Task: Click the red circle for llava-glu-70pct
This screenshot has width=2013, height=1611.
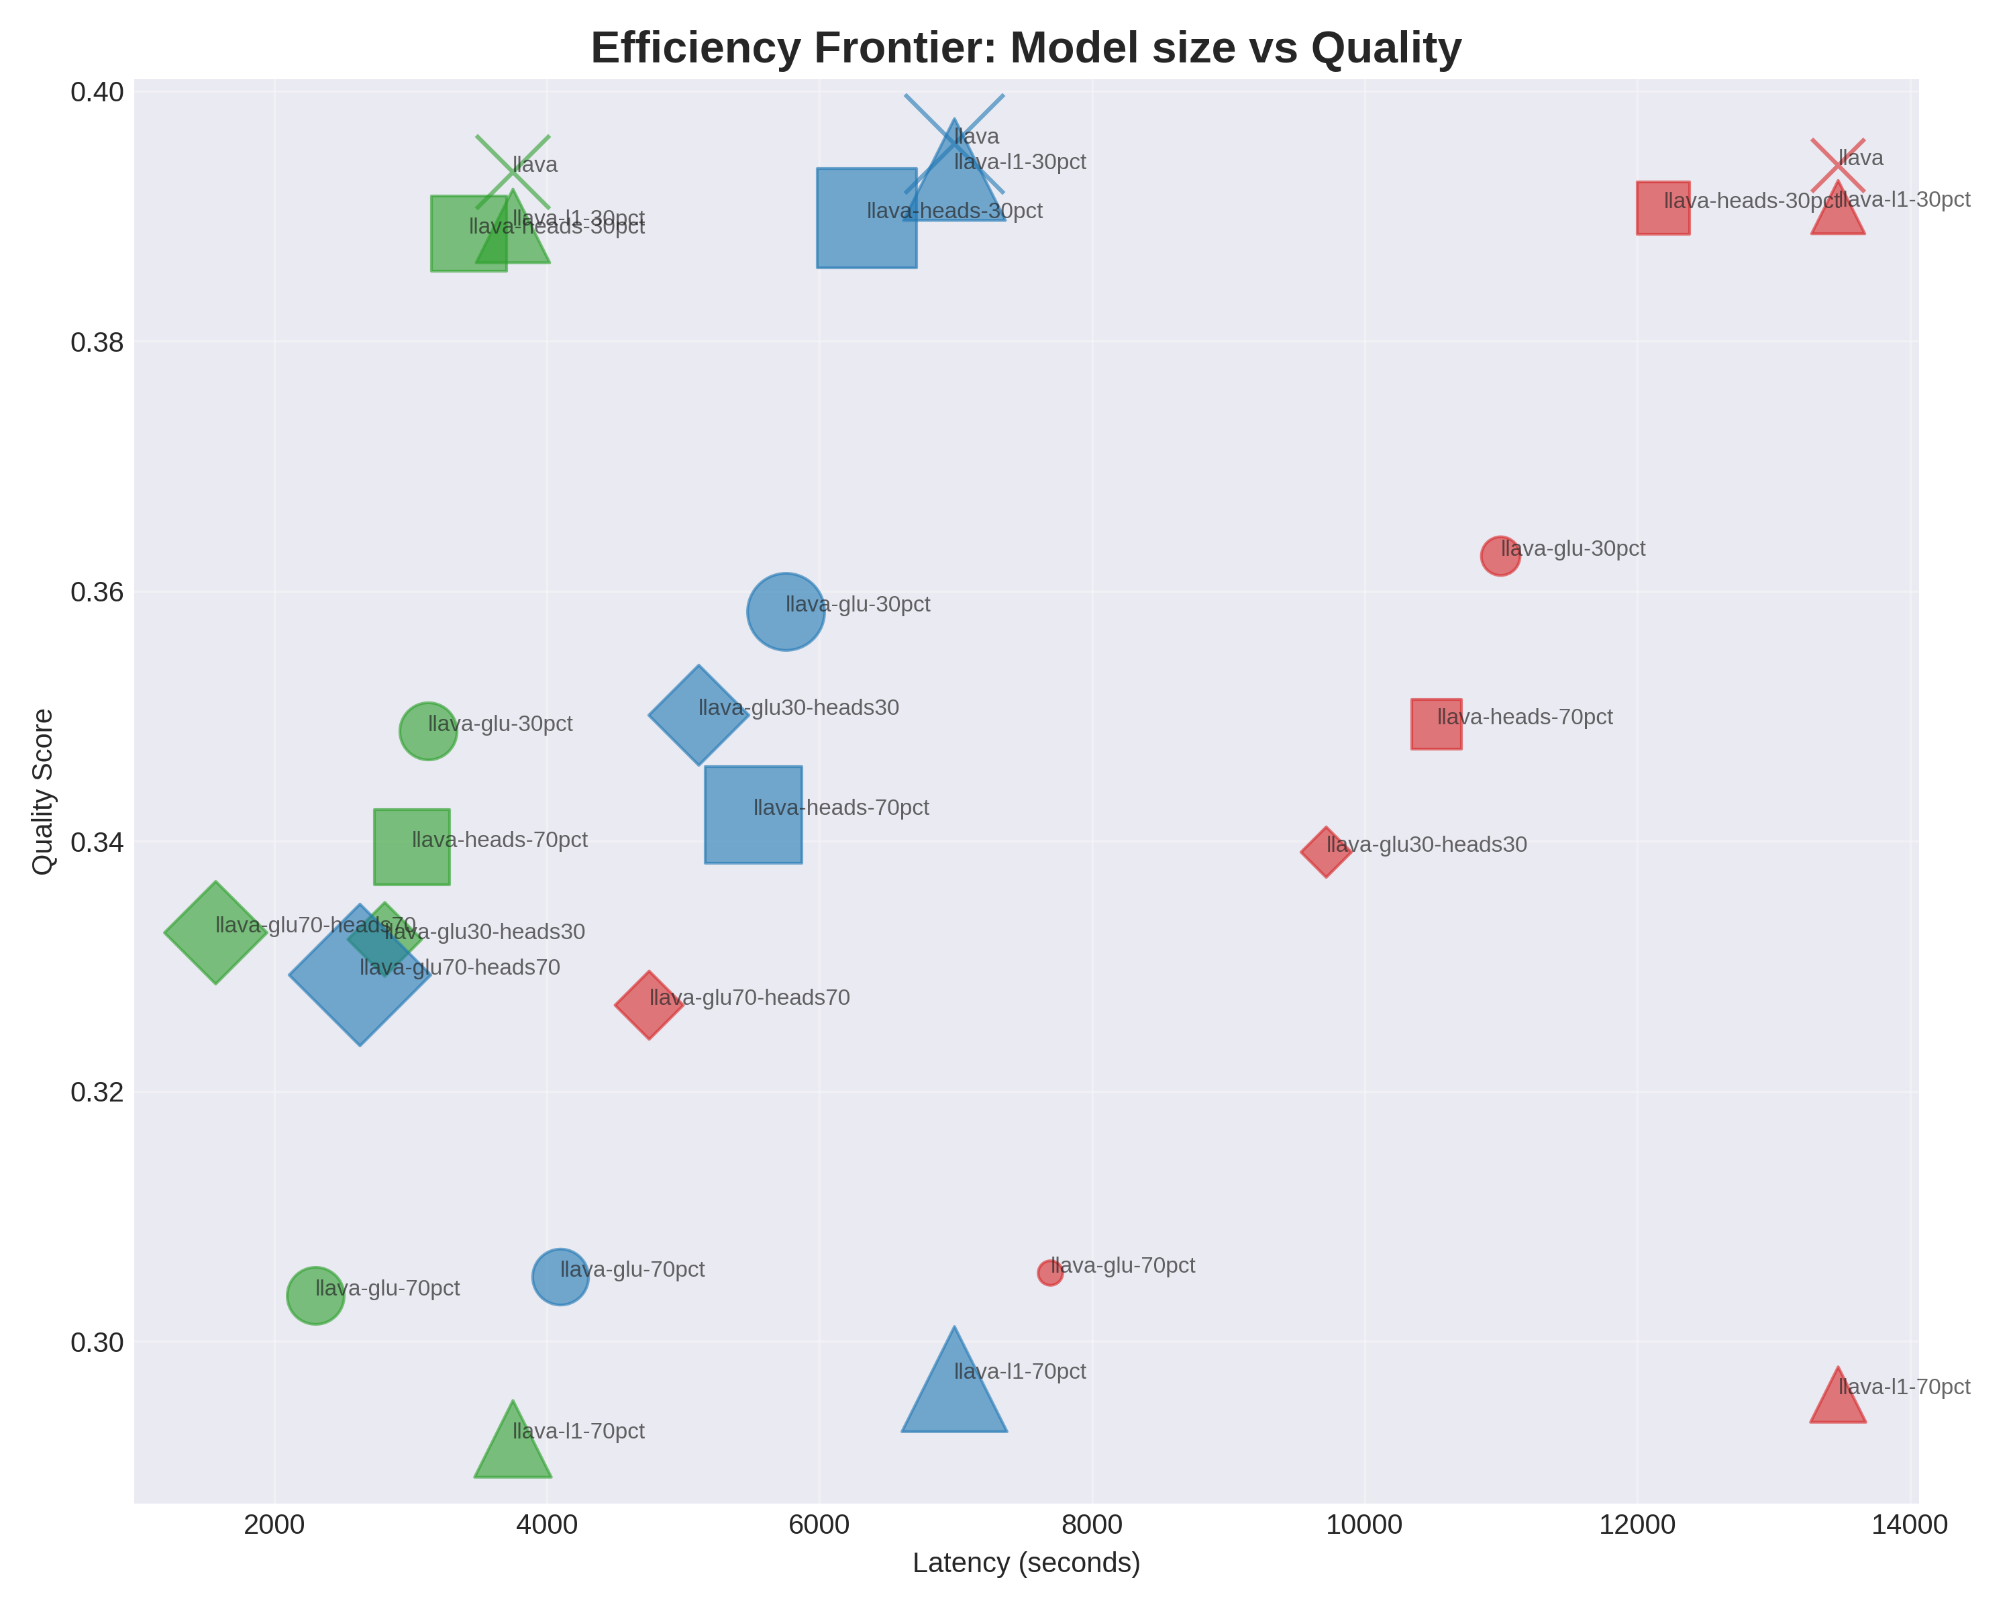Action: click(1049, 1273)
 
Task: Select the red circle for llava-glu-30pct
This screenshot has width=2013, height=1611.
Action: click(1500, 556)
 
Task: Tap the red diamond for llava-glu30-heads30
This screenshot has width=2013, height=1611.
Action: click(1326, 852)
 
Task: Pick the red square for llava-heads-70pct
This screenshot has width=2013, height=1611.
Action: click(1436, 724)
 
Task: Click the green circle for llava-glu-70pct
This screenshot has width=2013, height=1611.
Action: click(315, 1296)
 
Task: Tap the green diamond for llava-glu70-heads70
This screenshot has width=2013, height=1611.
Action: click(215, 932)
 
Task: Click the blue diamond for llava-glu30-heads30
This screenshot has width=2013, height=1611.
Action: click(699, 716)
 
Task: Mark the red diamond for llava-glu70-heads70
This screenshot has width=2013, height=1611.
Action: click(649, 1005)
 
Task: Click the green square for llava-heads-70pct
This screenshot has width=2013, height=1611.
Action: click(412, 846)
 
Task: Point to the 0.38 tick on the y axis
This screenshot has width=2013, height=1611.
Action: click(97, 343)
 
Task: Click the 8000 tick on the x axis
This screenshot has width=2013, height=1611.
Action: click(1092, 1525)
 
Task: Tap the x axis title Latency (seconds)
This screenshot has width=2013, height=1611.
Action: click(1026, 1563)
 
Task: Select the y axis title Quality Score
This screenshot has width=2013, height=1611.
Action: click(43, 792)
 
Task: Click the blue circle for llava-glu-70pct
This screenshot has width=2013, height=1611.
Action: click(560, 1277)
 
